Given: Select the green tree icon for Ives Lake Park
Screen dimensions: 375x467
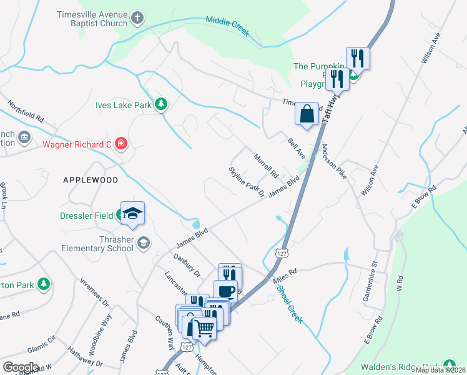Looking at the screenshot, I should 161,104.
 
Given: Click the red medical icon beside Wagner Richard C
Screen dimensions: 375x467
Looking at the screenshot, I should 120,144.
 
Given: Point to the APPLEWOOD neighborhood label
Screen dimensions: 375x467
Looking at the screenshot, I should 91,179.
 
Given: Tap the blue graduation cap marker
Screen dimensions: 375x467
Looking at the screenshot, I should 132,212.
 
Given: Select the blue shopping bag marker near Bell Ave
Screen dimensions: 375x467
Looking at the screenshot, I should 307,114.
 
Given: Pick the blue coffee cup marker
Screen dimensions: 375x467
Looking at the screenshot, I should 225,291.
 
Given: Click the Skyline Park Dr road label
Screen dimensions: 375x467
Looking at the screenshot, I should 247,181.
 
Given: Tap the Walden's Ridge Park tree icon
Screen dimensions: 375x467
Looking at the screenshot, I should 448,364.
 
